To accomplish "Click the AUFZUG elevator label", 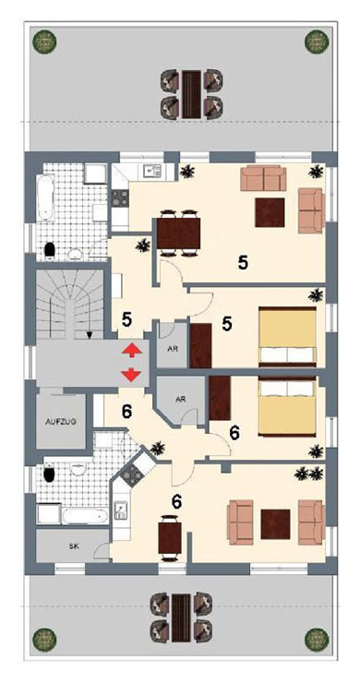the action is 61,422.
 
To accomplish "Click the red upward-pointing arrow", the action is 131,350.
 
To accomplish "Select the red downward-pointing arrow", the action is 131,375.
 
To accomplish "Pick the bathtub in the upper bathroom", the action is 46,198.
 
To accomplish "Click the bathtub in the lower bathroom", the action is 85,517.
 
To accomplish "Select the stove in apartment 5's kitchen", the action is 121,198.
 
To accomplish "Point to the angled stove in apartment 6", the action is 130,473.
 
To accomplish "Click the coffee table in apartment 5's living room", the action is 270,212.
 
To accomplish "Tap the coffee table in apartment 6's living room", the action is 275,524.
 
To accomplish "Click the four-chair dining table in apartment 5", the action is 178,233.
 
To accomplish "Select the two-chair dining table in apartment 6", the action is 170,538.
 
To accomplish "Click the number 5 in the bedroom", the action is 227,324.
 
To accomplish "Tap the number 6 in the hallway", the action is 126,412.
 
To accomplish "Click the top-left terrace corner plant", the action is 44,42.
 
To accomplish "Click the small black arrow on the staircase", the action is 90,334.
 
